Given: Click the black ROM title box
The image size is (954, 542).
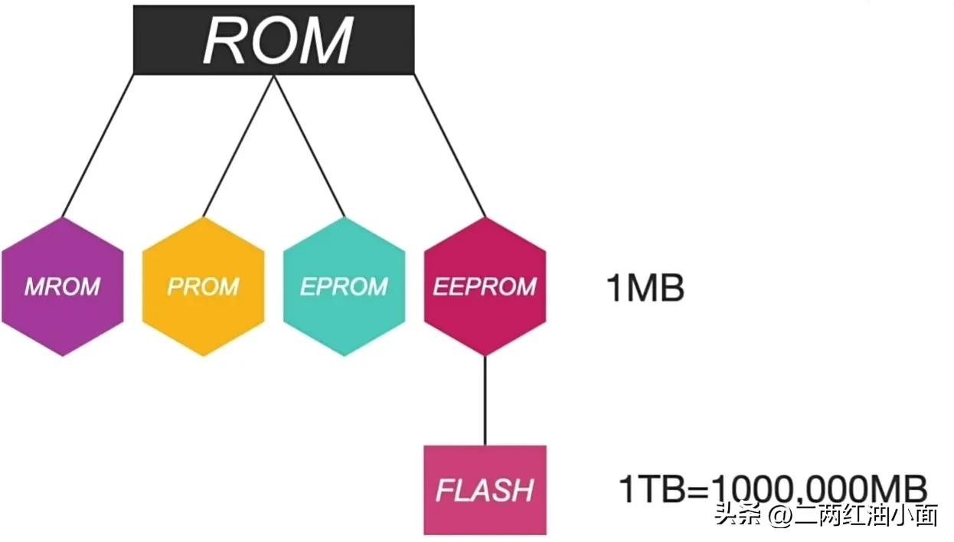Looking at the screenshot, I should (x=273, y=40).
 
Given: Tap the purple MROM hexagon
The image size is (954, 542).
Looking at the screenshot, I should (x=62, y=286).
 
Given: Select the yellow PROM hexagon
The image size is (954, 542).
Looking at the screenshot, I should (x=203, y=286).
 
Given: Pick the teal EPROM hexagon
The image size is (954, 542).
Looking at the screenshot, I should (x=344, y=286).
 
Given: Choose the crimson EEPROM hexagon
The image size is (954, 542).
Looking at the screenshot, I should (x=485, y=286).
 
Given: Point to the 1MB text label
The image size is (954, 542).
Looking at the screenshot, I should (x=645, y=289).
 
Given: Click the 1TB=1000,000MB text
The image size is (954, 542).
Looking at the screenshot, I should (x=773, y=488).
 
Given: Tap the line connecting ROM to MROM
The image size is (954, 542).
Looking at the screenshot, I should (x=98, y=145).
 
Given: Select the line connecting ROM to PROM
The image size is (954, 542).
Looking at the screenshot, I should (x=237, y=145).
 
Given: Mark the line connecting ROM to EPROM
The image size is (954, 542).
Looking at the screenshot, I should (x=309, y=145).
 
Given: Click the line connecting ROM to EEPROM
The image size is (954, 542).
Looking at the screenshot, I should (x=449, y=145).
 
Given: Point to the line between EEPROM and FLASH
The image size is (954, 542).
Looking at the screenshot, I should (x=485, y=400).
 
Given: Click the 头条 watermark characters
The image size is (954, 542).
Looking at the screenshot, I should (x=734, y=515).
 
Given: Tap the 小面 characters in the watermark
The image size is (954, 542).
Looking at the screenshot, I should (x=917, y=515).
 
